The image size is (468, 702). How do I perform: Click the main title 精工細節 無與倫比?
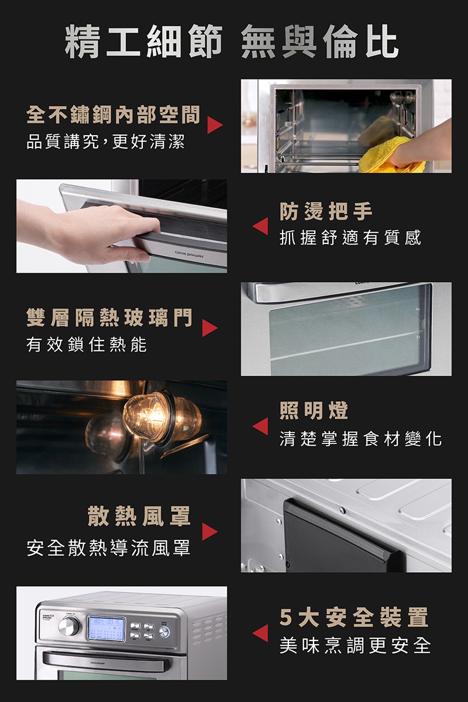[x=232, y=42]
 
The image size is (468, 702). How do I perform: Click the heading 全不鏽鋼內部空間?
[x=113, y=115]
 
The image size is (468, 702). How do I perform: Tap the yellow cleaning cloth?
[x=390, y=156]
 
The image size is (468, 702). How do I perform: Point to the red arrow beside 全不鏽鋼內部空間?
[x=215, y=125]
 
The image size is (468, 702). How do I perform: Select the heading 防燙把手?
[x=326, y=212]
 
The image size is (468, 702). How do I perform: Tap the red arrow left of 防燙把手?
[x=260, y=226]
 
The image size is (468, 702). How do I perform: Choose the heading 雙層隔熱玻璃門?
[x=109, y=318]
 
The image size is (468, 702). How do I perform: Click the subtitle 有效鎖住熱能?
[x=87, y=345]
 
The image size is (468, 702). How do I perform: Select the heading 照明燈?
[x=314, y=411]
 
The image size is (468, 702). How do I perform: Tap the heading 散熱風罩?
[x=139, y=516]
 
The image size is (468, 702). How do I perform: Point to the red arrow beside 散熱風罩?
[x=209, y=532]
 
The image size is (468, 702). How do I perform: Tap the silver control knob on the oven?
[x=69, y=627]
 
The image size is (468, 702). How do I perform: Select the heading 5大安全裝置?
[x=354, y=617]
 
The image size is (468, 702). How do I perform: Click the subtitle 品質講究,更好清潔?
[x=106, y=142]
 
